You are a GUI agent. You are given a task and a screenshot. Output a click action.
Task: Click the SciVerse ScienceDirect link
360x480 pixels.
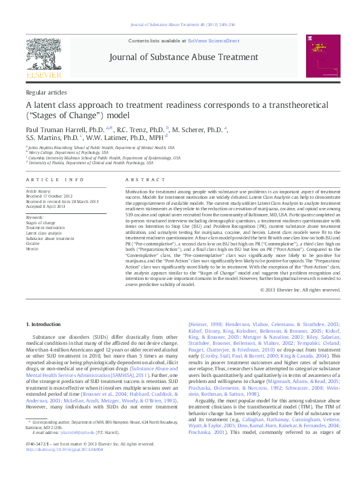(x=214, y=40)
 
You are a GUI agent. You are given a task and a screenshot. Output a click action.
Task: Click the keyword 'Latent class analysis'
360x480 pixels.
(x=45, y=233)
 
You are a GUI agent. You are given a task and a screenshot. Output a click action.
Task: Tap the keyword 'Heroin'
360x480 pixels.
(x=32, y=248)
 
